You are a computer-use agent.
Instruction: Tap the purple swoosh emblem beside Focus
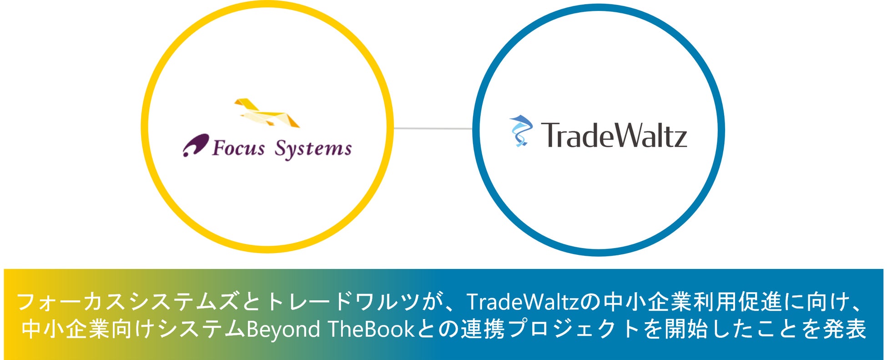tap(196, 145)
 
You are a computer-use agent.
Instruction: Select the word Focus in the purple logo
tap(238, 148)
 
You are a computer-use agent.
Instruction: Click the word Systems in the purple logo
tap(313, 149)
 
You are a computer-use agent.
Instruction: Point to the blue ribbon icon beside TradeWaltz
tap(520, 131)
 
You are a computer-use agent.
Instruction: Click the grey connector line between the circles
tap(433, 129)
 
